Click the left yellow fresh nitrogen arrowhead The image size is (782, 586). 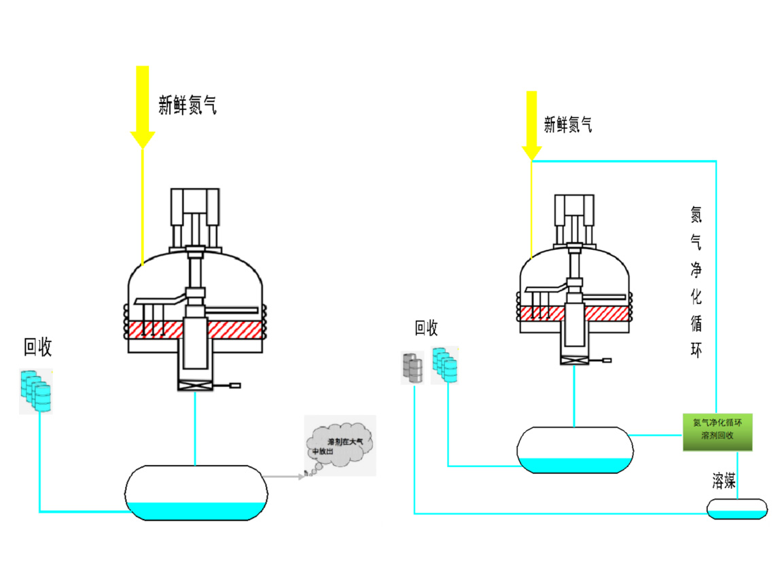coord(143,136)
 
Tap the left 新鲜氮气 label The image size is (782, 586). coord(188,105)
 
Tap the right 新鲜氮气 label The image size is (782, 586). coord(567,124)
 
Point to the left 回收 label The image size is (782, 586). coord(38,347)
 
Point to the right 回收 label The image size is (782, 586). coord(427,329)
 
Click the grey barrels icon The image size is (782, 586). coord(412,368)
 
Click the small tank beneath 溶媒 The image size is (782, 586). coord(737,509)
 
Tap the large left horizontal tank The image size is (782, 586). coord(196,493)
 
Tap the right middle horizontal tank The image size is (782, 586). coord(575,449)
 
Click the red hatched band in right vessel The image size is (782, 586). coord(605,313)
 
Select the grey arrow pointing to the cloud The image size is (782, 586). coord(284,477)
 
